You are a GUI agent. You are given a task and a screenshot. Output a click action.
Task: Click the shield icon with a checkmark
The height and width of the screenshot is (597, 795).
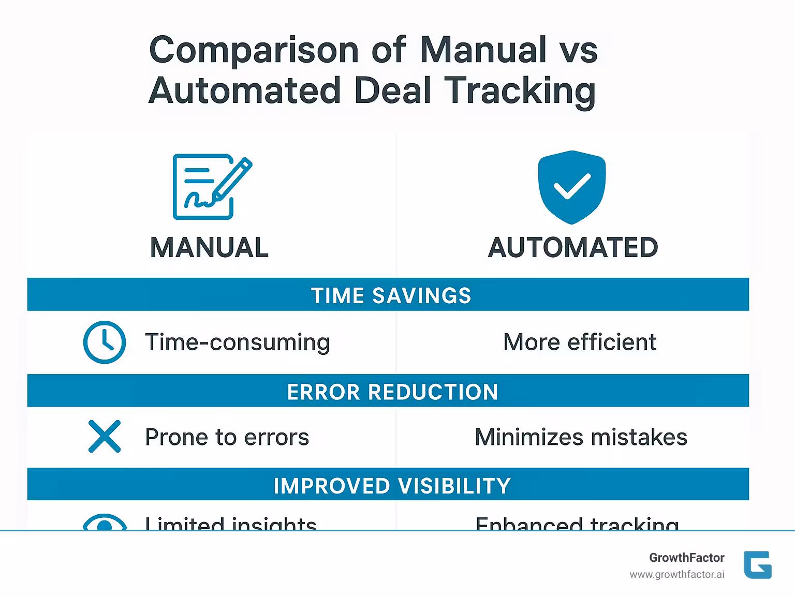point(571,187)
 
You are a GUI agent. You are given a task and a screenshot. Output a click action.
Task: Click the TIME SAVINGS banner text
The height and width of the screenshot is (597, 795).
point(391,295)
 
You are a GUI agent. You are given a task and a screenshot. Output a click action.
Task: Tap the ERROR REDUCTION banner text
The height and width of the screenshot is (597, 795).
point(392,392)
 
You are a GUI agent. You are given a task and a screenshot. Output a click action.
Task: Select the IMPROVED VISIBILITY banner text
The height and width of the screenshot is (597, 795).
point(392,486)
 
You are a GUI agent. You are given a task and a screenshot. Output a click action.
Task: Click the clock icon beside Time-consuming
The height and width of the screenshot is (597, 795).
point(105,342)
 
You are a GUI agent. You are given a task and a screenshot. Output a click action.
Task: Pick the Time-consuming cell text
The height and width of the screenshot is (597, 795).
point(238,342)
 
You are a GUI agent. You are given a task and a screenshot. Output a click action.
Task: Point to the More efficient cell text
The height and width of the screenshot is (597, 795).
point(580,342)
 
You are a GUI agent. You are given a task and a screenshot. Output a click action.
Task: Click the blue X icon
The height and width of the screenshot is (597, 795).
point(105,437)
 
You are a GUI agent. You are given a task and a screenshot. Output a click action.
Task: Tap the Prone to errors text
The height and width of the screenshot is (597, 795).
point(227,437)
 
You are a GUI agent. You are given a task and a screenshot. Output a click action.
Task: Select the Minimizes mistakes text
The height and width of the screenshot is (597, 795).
point(581,437)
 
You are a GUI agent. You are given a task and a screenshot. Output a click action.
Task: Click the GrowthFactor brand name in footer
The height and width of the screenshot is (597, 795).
point(686,558)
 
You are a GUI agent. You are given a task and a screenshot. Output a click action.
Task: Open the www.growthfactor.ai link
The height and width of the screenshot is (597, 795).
point(676,575)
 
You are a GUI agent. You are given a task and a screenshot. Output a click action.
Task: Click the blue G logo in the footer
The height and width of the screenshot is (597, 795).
point(757,564)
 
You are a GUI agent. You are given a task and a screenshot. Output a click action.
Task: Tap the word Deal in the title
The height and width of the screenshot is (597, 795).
point(393,91)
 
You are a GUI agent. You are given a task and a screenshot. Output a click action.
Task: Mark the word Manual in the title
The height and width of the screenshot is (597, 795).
point(483,51)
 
